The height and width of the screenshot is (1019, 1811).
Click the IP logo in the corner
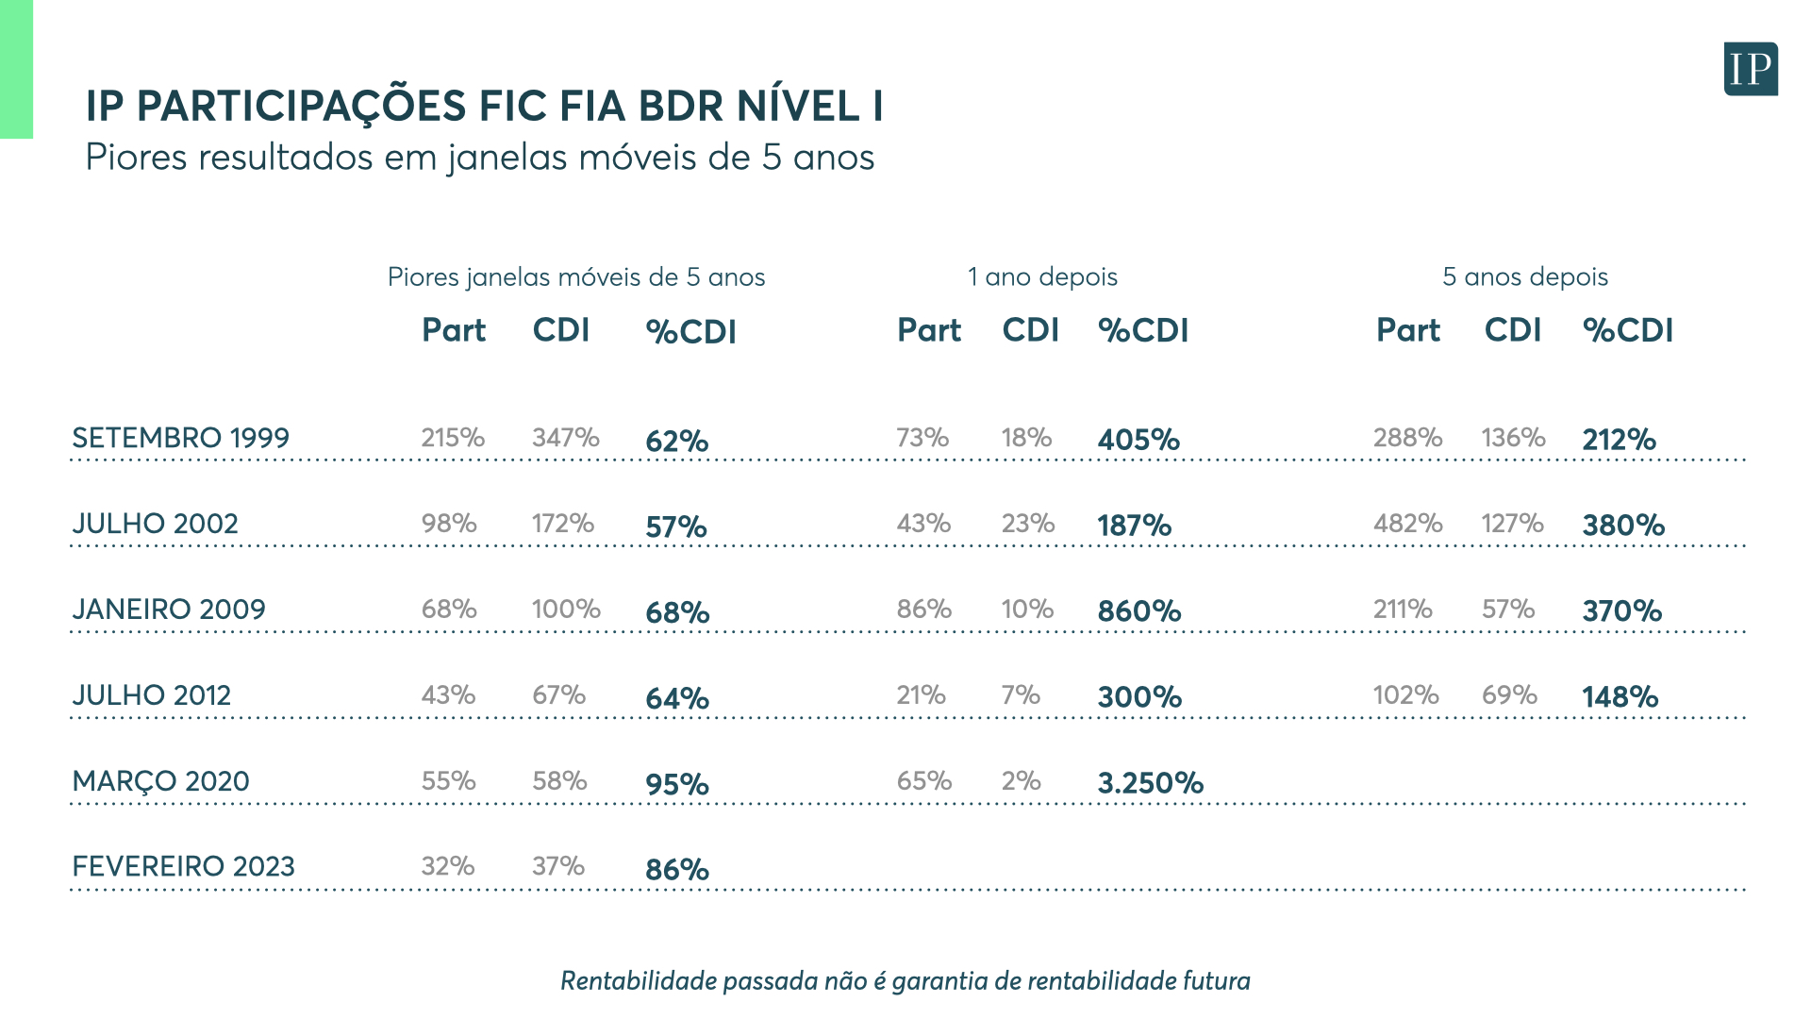coord(1751,69)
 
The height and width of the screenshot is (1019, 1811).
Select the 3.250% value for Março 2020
coord(1150,783)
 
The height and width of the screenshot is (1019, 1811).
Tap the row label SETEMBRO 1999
coord(180,438)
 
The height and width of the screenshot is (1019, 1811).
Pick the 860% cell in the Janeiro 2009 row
coord(1138,611)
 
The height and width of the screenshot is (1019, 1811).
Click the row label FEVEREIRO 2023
coord(183,866)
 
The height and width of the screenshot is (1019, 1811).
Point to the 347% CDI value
coord(565,438)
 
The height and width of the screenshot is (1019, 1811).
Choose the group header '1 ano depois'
coord(1041,276)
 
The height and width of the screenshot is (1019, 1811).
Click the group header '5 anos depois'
coord(1524,276)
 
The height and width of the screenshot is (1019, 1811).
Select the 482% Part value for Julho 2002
coord(1407,524)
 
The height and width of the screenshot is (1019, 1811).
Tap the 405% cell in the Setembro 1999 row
coord(1138,440)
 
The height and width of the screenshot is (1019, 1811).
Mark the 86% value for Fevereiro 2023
coord(676,869)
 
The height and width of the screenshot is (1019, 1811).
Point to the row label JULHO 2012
coord(151,695)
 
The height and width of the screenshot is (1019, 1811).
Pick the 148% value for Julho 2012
coord(1620,697)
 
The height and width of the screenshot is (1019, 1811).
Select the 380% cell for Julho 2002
coord(1622,526)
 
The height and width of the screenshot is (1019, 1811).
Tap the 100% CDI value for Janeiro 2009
coord(566,610)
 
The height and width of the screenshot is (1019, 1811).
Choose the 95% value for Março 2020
coord(676,784)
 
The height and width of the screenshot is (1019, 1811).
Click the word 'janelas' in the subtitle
coord(507,158)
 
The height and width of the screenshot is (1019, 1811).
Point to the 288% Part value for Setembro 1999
coord(1407,438)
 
